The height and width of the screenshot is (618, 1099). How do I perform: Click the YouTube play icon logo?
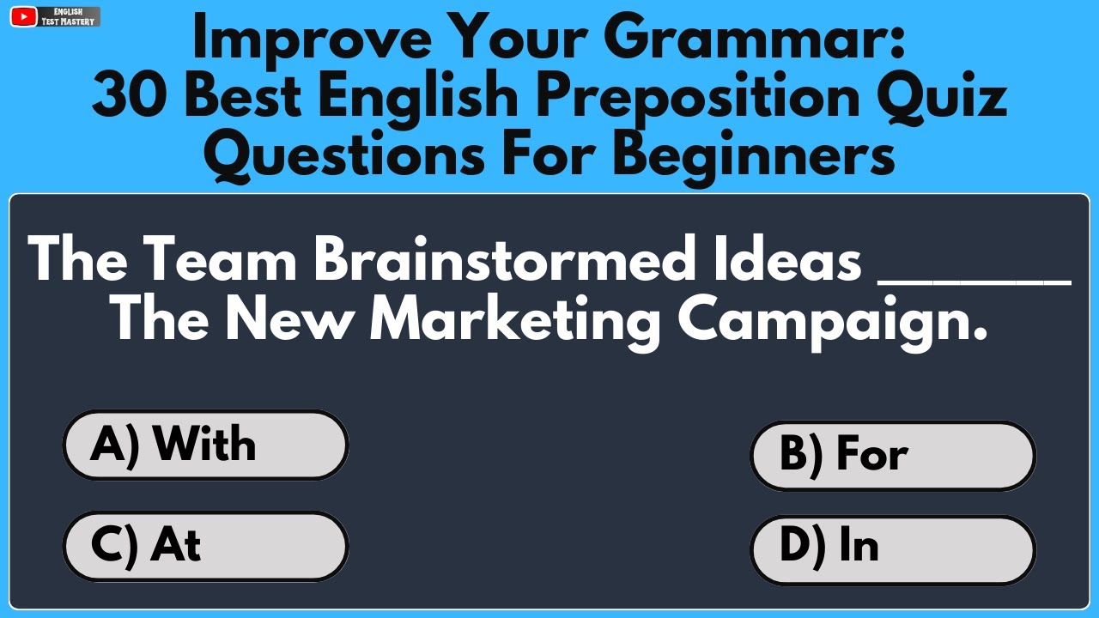25,16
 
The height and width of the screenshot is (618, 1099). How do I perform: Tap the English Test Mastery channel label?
69,16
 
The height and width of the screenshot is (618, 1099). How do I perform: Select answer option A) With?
206,445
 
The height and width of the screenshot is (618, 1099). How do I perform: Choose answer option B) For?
893,455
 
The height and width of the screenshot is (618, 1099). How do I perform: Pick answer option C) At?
206,546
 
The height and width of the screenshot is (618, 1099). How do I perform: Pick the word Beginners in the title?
756,157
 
